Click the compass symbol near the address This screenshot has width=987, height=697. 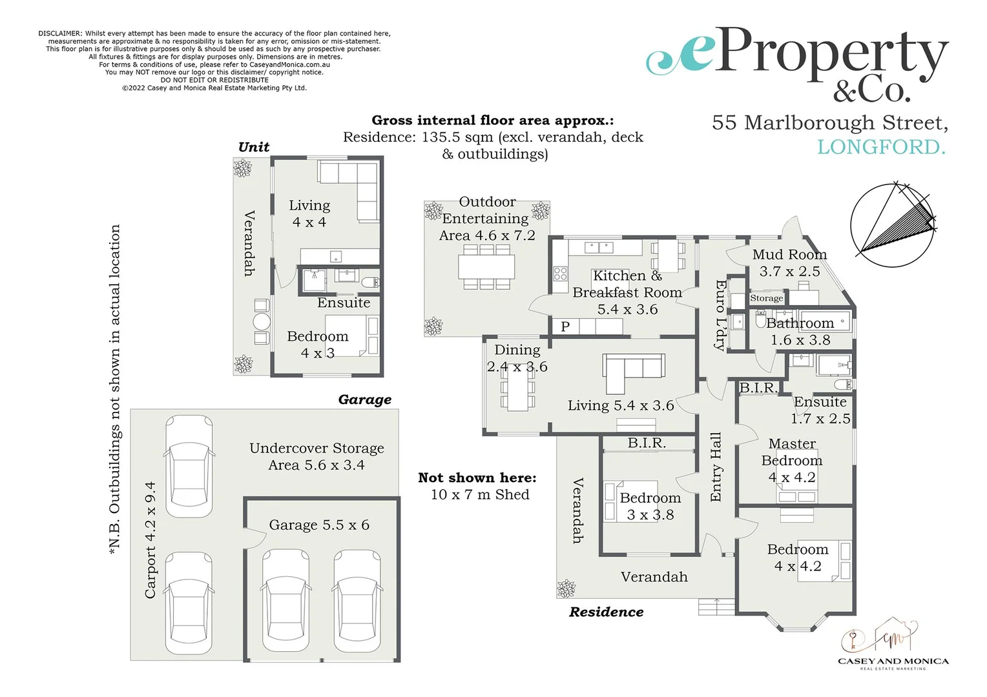coord(893,225)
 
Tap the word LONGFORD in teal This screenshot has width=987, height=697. coord(881,147)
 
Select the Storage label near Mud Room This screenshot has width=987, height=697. coord(766,298)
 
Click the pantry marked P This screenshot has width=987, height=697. coord(565,327)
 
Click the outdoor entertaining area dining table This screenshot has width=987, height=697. coord(486,266)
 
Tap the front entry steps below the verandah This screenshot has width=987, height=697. coord(716,607)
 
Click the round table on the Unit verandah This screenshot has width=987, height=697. coord(262,321)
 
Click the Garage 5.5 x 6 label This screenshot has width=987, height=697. coord(319,525)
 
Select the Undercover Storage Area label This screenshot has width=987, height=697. coord(317,456)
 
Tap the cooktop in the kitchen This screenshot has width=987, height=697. coord(560,274)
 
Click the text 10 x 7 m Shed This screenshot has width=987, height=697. coord(480,494)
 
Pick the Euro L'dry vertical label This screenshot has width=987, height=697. coord(720,315)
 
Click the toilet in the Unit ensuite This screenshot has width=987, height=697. coord(371,282)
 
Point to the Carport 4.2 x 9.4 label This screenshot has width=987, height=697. coord(150,540)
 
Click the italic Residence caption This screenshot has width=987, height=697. coord(606,612)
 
